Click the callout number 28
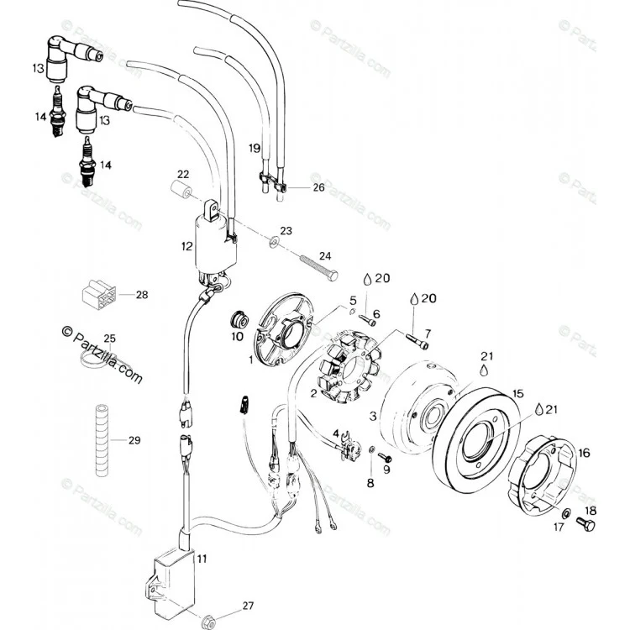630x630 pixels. pyautogui.click(x=142, y=295)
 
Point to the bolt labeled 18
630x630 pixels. pyautogui.click(x=585, y=524)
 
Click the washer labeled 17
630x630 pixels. pyautogui.click(x=567, y=513)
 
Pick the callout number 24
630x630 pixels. pyautogui.click(x=325, y=256)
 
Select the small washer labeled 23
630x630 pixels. pyautogui.click(x=275, y=241)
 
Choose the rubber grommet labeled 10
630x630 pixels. pyautogui.click(x=239, y=320)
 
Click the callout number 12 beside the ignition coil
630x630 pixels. pyautogui.click(x=186, y=246)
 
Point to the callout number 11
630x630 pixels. pyautogui.click(x=202, y=559)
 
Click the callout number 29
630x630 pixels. pyautogui.click(x=134, y=440)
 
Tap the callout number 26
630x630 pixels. pyautogui.click(x=318, y=187)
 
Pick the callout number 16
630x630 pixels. pyautogui.click(x=584, y=453)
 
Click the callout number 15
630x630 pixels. pyautogui.click(x=518, y=393)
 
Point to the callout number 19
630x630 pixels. pyautogui.click(x=255, y=148)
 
